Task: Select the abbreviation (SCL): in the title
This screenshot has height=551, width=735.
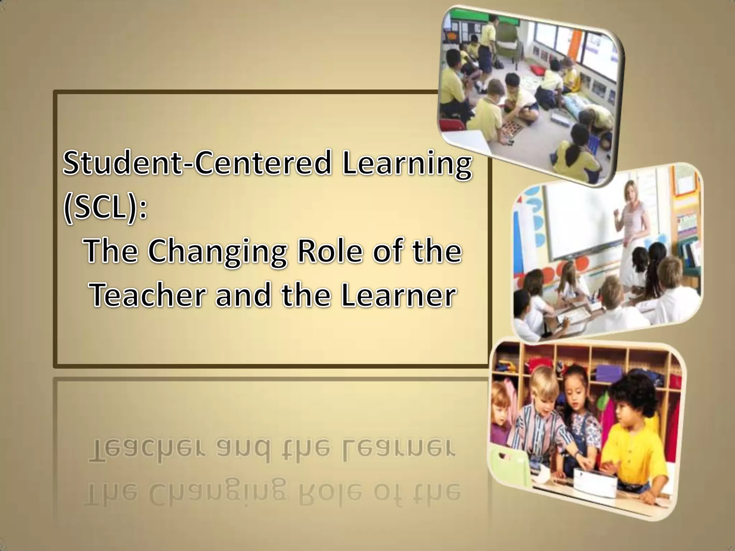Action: click(105, 209)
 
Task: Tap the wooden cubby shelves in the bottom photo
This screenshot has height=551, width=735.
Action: click(589, 362)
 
